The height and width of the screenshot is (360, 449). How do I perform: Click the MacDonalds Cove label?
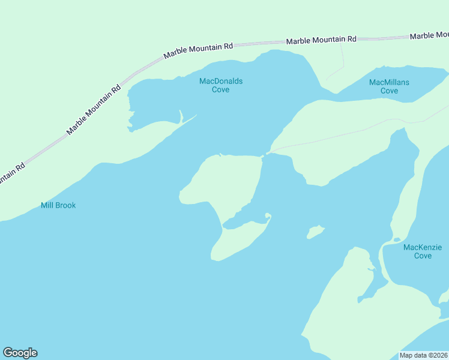click(x=221, y=85)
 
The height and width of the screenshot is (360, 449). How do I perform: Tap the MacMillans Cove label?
click(x=389, y=86)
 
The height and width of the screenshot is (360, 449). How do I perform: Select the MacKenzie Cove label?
click(x=423, y=251)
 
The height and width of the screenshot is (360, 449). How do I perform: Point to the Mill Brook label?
click(x=58, y=205)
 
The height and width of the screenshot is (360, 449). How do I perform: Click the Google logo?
click(x=20, y=353)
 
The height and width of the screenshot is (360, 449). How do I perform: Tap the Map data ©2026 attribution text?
click(x=423, y=355)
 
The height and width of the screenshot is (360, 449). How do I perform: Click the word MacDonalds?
click(x=221, y=81)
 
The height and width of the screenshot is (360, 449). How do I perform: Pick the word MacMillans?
click(x=389, y=82)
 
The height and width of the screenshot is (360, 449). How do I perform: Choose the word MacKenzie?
click(x=423, y=247)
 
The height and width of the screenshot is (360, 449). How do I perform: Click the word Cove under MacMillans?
click(x=389, y=91)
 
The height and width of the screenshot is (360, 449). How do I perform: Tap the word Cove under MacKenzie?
click(x=423, y=256)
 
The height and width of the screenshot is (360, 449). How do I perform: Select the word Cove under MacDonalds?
click(x=221, y=90)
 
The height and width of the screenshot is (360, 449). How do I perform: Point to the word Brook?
click(x=65, y=205)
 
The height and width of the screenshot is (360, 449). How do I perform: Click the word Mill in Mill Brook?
click(x=47, y=205)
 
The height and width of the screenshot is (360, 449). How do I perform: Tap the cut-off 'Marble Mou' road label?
click(x=429, y=36)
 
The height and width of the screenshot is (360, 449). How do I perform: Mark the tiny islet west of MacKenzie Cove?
click(x=315, y=232)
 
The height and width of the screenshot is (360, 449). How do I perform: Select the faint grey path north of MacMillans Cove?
click(x=343, y=60)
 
